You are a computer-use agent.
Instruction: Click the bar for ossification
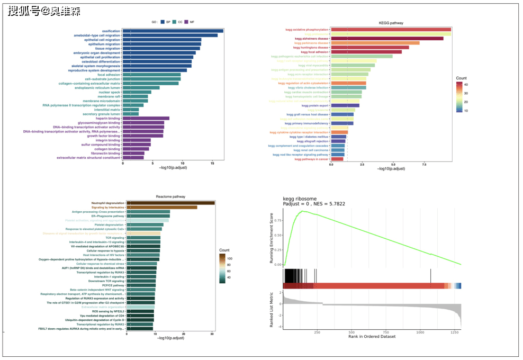173,31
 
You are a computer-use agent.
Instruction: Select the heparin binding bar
146,118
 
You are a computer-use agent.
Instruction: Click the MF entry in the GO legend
193,22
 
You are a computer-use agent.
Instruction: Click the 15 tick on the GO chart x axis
212,163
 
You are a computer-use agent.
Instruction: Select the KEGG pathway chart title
391,23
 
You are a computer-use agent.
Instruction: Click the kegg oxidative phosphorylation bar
391,30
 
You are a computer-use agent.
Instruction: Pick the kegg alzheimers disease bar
387,39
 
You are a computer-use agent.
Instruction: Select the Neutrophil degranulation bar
170,203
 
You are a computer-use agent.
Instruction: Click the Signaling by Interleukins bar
161,207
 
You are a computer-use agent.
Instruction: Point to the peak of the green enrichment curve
303,211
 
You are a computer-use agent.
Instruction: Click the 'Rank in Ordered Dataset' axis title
372,337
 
